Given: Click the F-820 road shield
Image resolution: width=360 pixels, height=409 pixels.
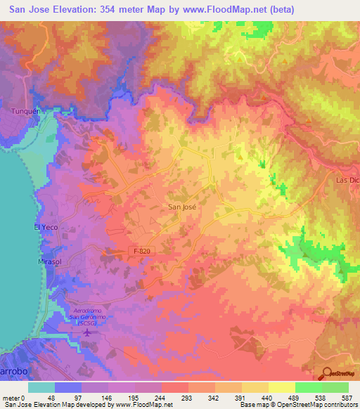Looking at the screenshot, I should point(142,251).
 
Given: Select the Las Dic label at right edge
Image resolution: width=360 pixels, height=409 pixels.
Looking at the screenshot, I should point(347,180).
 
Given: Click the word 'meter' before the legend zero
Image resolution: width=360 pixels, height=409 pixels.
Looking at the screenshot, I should point(12,398).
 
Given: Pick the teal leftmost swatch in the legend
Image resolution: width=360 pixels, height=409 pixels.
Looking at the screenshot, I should point(41,387).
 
